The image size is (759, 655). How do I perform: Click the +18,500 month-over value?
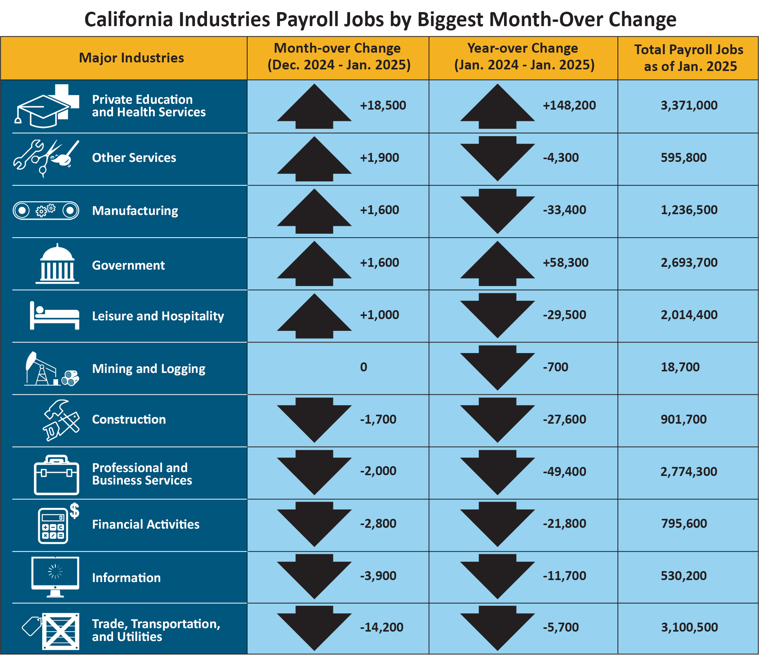383,105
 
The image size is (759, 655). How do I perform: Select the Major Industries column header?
131,58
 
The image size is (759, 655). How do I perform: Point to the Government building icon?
57,264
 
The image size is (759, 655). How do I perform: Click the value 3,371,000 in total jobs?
689,105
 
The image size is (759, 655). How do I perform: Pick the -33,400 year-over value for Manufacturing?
564,210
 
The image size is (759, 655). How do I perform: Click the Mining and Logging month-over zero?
363,367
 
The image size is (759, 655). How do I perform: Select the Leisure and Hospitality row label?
158,316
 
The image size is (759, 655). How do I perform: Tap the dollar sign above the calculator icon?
74,510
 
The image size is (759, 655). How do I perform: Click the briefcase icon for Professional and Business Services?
57,475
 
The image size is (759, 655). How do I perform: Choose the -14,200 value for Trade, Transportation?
381,627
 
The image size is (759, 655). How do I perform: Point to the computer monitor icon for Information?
55,576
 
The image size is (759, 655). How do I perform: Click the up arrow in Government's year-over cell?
497,263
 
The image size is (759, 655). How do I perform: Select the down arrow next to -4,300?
497,158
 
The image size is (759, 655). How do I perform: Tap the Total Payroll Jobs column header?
688,58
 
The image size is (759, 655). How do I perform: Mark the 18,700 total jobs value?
680,367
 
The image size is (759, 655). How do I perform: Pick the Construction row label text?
129,419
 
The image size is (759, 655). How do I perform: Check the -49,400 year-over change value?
564,472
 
